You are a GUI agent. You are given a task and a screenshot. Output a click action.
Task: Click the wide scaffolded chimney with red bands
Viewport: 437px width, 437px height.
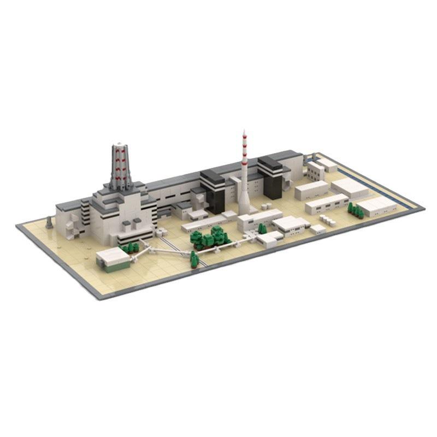122,164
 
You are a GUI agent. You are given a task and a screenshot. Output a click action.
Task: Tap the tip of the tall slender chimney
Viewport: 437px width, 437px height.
244,132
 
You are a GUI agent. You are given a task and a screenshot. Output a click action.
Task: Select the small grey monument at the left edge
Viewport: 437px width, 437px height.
50,222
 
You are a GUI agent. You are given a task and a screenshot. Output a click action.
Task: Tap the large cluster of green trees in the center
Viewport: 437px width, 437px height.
210,237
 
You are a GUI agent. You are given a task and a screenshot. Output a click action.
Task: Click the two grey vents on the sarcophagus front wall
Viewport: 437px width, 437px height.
129,223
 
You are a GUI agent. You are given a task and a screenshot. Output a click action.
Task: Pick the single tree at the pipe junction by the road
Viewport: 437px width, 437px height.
194,259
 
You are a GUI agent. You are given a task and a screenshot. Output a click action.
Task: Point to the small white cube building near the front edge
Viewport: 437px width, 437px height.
317,229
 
